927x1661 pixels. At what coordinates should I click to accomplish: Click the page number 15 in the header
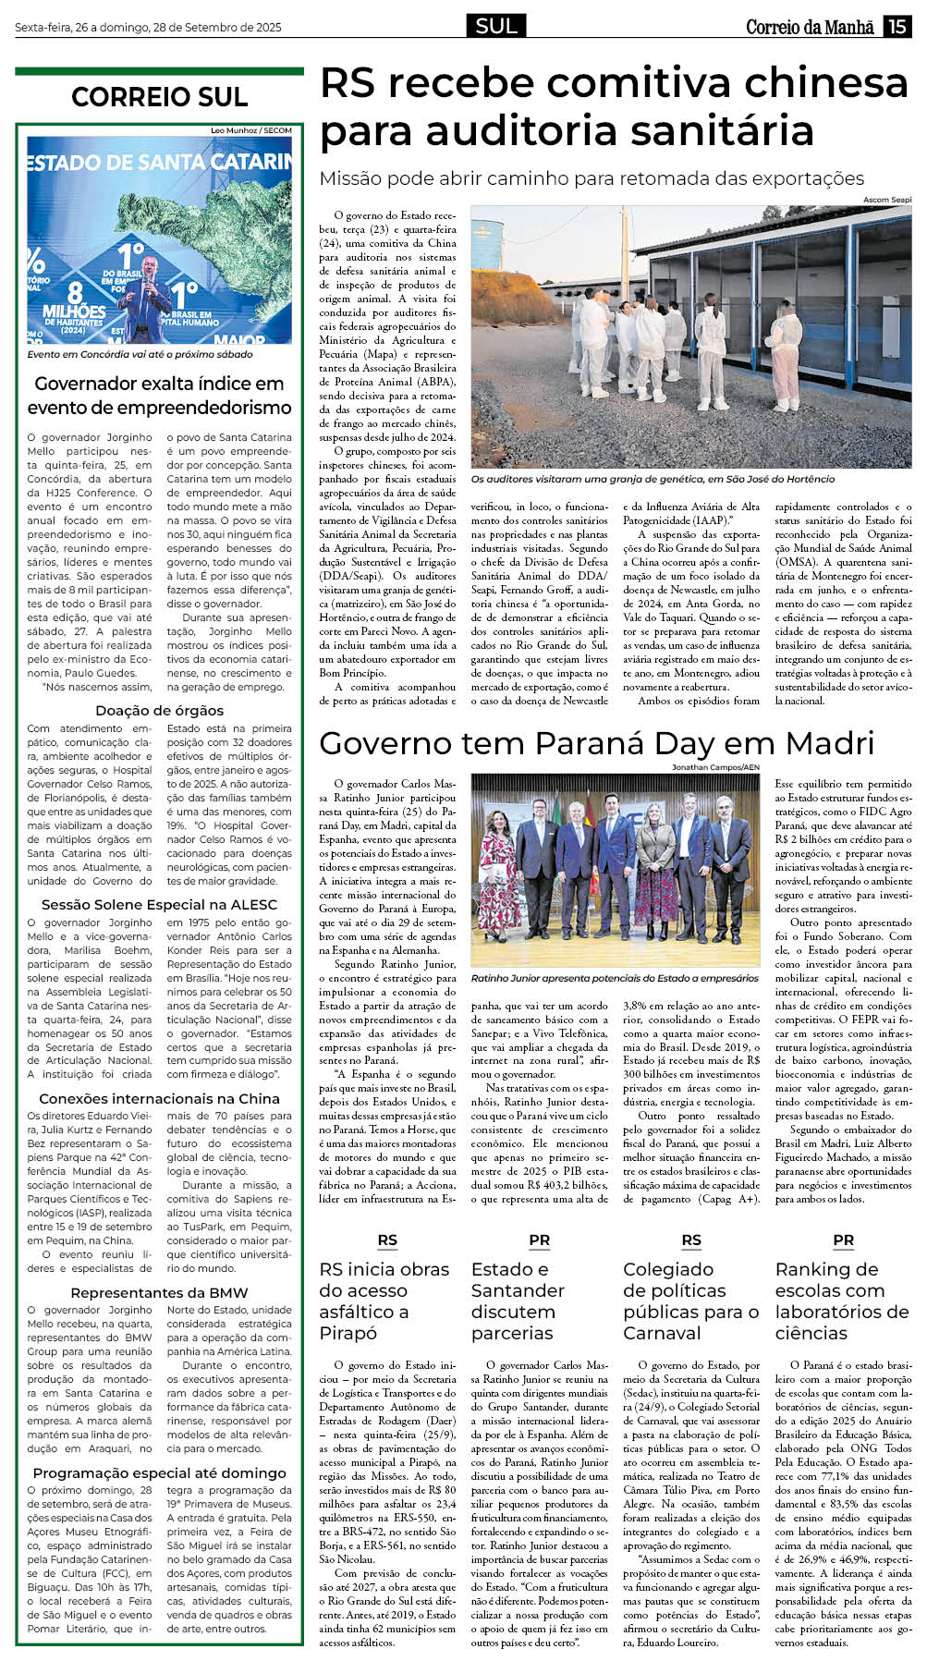897,27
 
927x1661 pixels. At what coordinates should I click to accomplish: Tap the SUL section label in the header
496,26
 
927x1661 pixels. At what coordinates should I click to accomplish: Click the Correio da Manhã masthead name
810,27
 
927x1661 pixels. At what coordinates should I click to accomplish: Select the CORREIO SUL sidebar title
159,97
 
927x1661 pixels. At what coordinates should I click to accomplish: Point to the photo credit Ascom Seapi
886,200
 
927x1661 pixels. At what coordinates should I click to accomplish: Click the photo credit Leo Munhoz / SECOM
251,130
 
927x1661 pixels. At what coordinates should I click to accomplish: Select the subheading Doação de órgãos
159,710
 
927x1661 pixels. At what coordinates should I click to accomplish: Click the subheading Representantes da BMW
159,1292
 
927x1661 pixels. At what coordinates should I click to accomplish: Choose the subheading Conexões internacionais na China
159,1098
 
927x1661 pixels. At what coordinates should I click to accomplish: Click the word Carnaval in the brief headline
662,1333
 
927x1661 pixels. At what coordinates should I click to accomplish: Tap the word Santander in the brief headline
518,1290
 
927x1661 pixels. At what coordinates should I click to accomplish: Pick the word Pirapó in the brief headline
348,1333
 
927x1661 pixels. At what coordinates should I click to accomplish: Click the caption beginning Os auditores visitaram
653,479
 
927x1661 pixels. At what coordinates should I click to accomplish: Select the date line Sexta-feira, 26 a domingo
148,28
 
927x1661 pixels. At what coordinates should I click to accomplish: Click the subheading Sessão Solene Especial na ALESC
159,904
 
